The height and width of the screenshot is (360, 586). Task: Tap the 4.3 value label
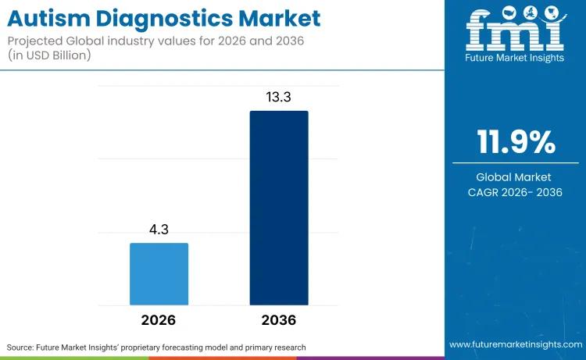pyautogui.click(x=159, y=231)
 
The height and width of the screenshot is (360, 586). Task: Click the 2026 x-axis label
pyautogui.click(x=159, y=320)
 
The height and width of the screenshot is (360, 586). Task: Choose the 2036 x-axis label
pyautogui.click(x=279, y=320)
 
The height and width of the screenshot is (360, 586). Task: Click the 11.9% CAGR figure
pyautogui.click(x=516, y=143)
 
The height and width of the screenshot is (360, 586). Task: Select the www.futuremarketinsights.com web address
pyautogui.click(x=515, y=344)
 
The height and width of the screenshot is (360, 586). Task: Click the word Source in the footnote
pyautogui.click(x=22, y=347)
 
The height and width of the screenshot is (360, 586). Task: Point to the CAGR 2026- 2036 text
pyautogui.click(x=516, y=192)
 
